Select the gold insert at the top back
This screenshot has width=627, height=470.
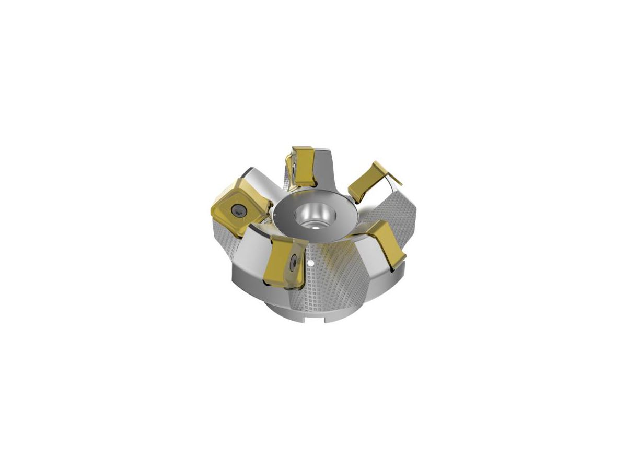(302, 164)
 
